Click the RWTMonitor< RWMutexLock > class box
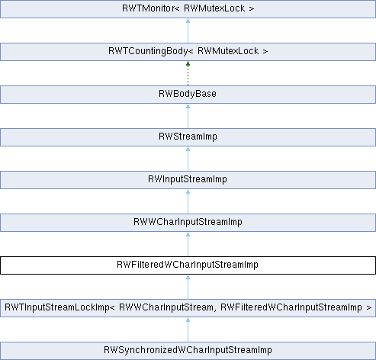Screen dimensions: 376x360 [188, 9]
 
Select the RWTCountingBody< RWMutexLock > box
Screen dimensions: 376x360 [188, 52]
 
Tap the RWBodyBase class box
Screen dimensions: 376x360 [188, 95]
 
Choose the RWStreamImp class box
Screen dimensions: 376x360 [188, 137]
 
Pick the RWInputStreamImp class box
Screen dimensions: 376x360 [188, 180]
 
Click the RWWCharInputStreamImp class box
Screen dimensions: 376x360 [188, 223]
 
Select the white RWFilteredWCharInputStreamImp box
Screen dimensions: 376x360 [188, 265]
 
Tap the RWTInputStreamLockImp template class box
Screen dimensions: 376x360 [188, 308]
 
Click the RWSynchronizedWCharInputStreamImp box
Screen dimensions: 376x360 [188, 351]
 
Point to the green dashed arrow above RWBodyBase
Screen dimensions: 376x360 [188, 73]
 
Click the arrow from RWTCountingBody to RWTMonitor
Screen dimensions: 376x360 [188, 31]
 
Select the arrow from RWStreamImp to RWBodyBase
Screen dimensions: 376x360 [188, 116]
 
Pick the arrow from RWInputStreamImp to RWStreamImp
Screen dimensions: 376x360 [188, 159]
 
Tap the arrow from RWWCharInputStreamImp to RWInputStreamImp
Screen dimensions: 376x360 [188, 201]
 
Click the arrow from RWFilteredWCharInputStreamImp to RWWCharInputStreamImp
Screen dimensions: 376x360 [188, 244]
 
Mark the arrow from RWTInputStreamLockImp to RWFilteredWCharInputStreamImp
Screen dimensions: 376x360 [188, 287]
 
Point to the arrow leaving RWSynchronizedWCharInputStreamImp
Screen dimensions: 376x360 [188, 329]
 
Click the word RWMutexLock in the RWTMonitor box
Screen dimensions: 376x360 [214, 8]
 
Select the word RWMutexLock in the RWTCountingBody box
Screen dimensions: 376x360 [228, 51]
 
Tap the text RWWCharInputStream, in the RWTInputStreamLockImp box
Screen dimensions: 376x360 [167, 307]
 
